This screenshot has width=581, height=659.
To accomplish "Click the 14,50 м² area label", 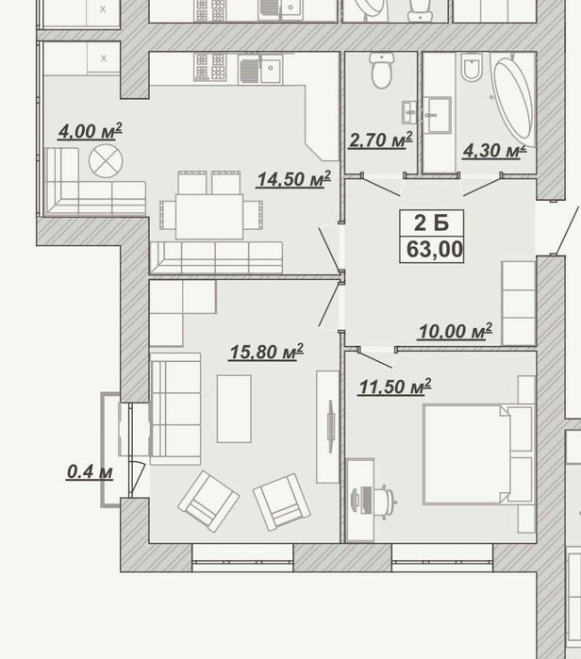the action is tap(294, 179).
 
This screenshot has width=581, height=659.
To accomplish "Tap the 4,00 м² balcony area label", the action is tap(91, 131).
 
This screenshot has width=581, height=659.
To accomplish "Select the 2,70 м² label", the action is tap(380, 140).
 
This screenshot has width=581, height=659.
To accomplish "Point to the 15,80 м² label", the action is tap(267, 352).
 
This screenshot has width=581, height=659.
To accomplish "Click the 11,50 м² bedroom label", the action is tap(395, 387).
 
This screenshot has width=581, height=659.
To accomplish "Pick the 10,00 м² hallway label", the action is tap(456, 331).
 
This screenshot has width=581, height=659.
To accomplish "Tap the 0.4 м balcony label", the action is tap(90, 472).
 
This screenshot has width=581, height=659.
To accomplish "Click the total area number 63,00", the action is tap(435, 249).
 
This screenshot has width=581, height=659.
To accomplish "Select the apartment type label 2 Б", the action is tap(431, 222).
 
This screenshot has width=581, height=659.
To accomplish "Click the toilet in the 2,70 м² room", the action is tap(382, 70).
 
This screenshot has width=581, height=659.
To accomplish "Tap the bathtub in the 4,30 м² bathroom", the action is tap(514, 101).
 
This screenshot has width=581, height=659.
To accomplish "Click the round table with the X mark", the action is tap(106, 161).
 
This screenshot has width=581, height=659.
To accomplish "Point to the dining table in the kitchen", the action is tap(209, 217).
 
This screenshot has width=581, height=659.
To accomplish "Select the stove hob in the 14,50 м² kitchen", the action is tap(209, 67).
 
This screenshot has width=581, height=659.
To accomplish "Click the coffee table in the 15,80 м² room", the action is tap(234, 409).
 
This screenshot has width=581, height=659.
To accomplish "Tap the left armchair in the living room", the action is tap(208, 501).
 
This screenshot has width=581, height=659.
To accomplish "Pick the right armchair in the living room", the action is tap(282, 502).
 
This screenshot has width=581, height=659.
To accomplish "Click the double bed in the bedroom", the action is tap(478, 453).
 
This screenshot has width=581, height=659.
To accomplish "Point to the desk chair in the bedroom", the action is tap(386, 501).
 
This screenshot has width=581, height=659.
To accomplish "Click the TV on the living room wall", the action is tap(331, 426).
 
